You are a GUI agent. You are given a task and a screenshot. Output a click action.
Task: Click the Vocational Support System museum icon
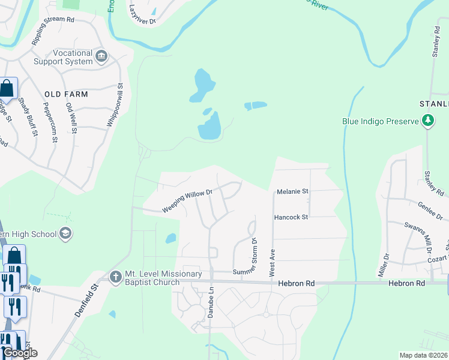click(101, 57)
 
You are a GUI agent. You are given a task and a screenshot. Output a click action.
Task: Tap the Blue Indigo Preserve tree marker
click(427, 121)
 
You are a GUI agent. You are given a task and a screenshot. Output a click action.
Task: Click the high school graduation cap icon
click(65, 233)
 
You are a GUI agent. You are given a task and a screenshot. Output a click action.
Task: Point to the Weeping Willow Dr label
click(187, 201)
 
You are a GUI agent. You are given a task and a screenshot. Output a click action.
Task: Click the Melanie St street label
click(292, 191)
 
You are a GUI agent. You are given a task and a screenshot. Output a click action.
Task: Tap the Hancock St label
click(291, 217)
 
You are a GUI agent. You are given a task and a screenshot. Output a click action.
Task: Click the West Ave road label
click(272, 262)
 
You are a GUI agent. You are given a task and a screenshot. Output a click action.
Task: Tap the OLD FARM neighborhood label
click(66, 94)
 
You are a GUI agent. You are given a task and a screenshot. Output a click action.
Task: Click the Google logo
click(19, 353)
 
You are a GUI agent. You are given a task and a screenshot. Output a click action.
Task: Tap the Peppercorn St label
click(50, 122)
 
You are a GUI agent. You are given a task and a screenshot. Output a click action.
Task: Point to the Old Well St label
click(71, 118)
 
